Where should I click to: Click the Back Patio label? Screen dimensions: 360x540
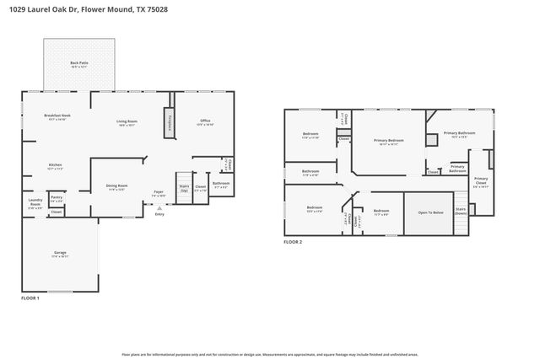click(x=78, y=64)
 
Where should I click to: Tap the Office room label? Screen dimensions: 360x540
click(x=205, y=121)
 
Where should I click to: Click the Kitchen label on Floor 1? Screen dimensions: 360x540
click(x=55, y=166)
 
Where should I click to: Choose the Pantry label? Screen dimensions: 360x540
click(x=57, y=200)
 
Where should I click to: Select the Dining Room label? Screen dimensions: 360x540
click(x=116, y=187)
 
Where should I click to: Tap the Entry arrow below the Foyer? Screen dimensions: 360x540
click(x=158, y=209)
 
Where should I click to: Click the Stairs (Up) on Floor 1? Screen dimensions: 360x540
click(x=183, y=188)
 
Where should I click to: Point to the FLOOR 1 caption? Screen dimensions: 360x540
click(x=30, y=298)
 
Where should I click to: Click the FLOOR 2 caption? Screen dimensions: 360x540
click(x=292, y=242)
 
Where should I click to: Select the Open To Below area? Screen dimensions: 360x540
click(x=430, y=212)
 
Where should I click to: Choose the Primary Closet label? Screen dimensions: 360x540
click(x=480, y=180)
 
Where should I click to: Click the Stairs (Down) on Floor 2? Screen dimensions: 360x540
click(x=461, y=211)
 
